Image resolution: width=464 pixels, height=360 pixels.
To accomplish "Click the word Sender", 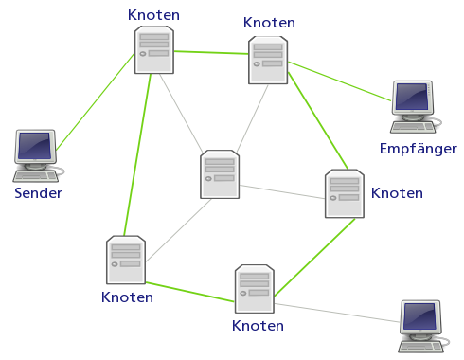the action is tap(38, 193).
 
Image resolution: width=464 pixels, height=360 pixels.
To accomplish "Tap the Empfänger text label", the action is tap(419, 149).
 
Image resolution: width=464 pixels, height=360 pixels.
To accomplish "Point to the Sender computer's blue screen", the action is tap(34, 146).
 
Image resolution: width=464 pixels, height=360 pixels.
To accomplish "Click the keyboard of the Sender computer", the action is tap(35, 176).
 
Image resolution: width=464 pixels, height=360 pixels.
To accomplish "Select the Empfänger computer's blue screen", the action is tap(412, 97).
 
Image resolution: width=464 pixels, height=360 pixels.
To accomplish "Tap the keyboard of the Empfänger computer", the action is tap(413, 127).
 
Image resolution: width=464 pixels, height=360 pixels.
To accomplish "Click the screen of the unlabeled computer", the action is tap(420, 316).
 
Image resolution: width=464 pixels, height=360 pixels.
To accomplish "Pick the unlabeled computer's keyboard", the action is tap(420, 347).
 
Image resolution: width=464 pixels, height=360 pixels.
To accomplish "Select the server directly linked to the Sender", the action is tap(154, 50).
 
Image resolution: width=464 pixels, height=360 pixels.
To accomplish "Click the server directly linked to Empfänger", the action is tap(268, 61).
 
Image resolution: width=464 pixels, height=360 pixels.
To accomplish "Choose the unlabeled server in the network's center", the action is tap(220, 174).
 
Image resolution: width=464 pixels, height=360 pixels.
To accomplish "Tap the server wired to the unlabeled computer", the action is tap(255, 289).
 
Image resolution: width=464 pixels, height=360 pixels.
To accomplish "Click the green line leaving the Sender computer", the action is tap(96, 101).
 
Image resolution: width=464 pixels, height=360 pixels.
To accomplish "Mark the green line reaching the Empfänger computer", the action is tap(339, 81).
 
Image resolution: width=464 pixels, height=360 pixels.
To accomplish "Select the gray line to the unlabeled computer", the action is tap(337, 313).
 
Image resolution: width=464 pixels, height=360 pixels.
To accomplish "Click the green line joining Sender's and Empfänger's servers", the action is tap(211, 52).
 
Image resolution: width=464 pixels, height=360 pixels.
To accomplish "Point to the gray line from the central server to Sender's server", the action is tap(181, 113).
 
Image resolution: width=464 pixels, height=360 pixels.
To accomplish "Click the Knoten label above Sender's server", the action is tap(153, 15).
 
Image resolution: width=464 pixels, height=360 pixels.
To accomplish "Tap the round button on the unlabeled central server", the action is tap(208, 179).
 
